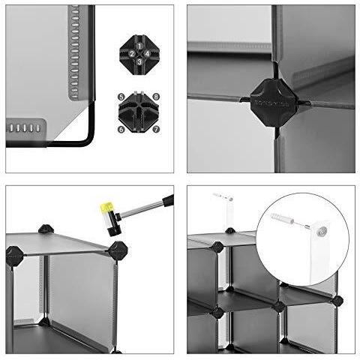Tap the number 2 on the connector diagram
click(131, 54)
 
